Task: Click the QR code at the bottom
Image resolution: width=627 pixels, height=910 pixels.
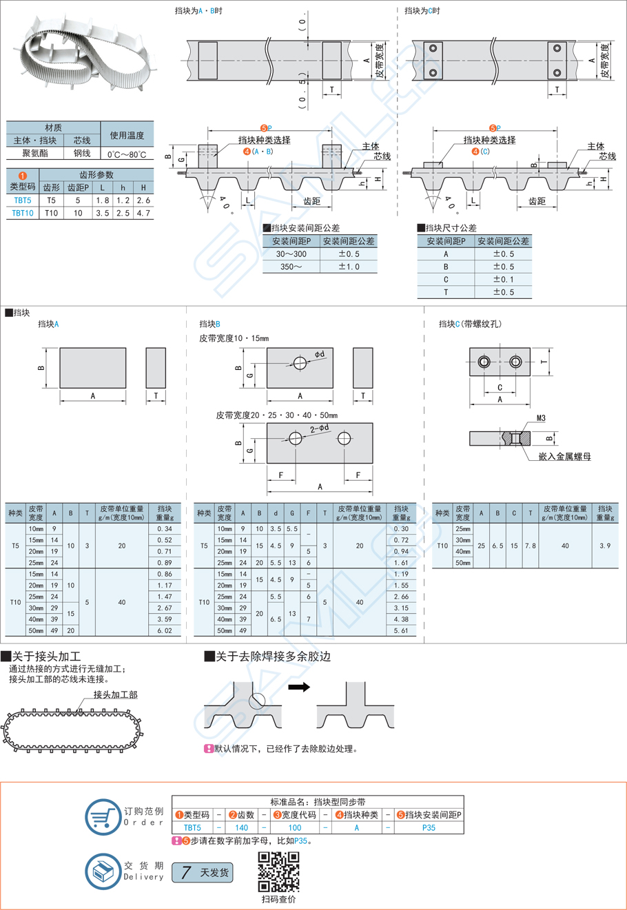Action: [278, 871]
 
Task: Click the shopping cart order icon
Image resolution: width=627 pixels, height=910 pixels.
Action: [103, 817]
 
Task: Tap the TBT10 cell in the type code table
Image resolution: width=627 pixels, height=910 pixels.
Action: [22, 213]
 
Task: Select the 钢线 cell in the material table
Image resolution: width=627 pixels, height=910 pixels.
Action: [82, 153]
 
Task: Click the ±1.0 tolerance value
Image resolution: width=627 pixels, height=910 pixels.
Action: [349, 267]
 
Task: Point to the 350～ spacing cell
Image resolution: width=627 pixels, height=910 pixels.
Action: [291, 267]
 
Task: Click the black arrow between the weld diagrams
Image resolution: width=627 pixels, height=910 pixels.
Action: [299, 687]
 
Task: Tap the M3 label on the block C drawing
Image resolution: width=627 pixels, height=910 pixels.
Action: [542, 418]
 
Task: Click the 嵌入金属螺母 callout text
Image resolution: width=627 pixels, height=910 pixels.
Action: [565, 456]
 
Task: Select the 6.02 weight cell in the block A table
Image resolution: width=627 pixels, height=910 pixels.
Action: [165, 630]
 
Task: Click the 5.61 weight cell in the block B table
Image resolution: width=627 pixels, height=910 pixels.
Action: [401, 630]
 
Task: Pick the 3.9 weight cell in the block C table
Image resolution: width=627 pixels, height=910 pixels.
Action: [605, 546]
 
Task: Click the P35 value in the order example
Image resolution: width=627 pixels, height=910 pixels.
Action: [429, 828]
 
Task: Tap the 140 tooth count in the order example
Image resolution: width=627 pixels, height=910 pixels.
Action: [241, 828]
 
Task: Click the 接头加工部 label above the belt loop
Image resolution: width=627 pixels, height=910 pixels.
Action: [115, 694]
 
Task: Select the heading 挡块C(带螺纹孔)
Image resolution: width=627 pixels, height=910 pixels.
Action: [470, 324]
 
